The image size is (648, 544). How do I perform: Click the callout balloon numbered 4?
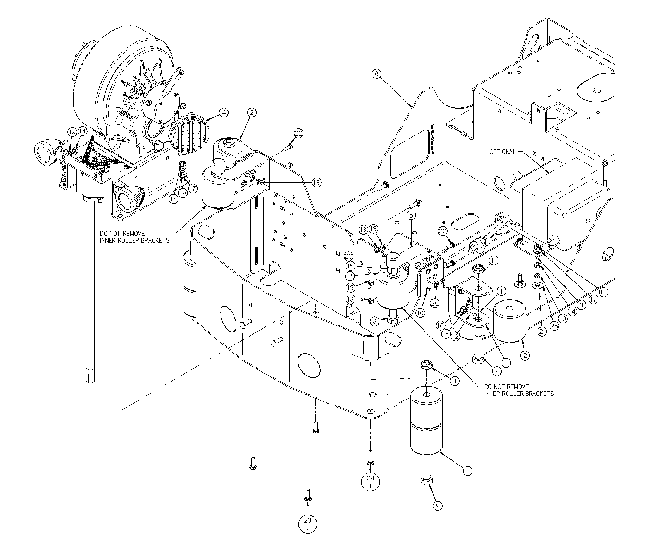click(223, 112)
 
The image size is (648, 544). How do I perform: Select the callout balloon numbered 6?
click(376, 74)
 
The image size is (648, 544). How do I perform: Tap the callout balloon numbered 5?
click(412, 214)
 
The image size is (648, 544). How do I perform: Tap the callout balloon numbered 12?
click(456, 337)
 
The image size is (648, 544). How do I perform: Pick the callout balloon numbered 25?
click(554, 326)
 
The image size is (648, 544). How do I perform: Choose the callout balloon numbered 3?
click(580, 305)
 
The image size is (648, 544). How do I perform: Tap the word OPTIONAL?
click(502, 152)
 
